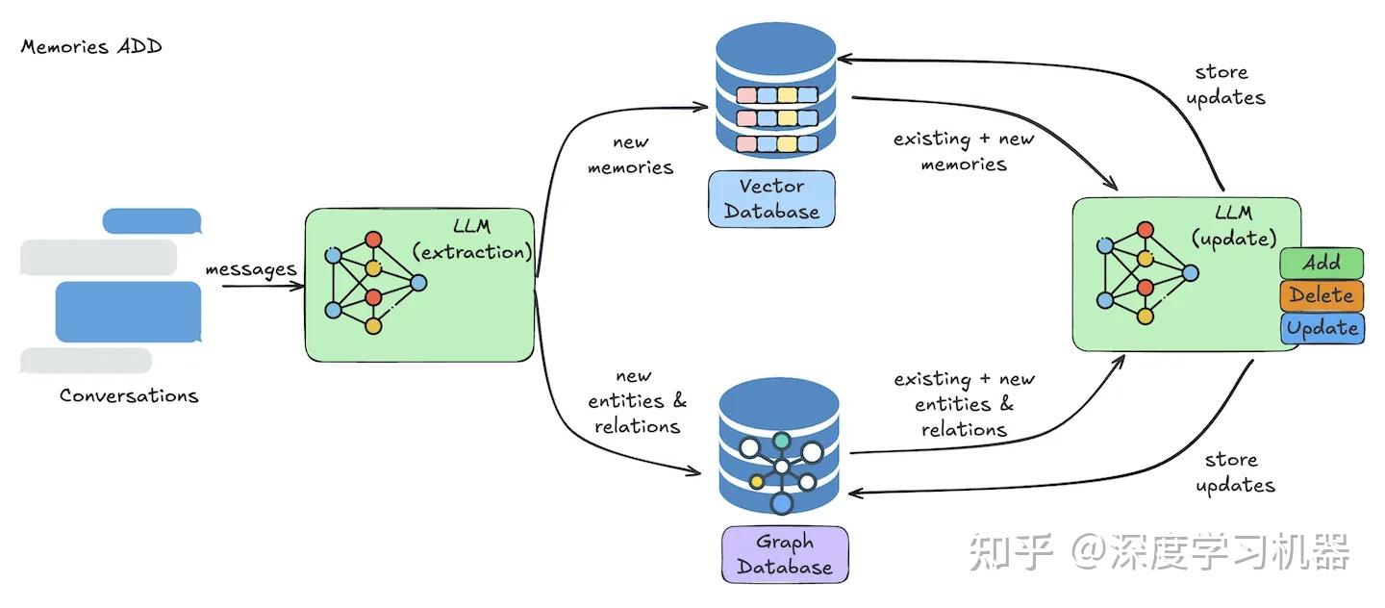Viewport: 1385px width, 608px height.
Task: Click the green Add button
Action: (x=1322, y=263)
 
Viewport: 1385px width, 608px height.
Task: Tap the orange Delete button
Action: (x=1322, y=295)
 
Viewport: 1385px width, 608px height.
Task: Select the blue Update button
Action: (x=1322, y=328)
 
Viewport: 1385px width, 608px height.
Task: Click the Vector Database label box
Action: (x=771, y=198)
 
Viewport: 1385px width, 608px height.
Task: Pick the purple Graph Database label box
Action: (x=785, y=554)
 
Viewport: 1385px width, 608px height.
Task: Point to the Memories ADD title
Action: (x=91, y=47)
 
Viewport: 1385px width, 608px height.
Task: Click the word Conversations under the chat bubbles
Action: (x=129, y=395)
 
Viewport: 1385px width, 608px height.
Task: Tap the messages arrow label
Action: (x=251, y=270)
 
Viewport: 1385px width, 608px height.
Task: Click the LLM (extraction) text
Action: (x=472, y=240)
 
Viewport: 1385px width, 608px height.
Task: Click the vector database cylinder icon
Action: (x=776, y=90)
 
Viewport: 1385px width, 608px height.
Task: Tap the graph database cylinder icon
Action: (x=779, y=446)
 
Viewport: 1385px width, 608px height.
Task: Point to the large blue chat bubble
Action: (x=129, y=312)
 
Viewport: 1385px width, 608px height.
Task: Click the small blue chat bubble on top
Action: (x=152, y=221)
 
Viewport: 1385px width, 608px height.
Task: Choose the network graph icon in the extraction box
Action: (x=375, y=283)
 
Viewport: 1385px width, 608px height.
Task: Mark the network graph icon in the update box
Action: (x=1146, y=273)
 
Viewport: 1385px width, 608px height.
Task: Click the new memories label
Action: (x=631, y=155)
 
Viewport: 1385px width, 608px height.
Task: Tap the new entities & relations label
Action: (x=637, y=401)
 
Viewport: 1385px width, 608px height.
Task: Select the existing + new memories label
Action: (x=964, y=151)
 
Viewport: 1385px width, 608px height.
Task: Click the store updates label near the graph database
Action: (x=1235, y=472)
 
